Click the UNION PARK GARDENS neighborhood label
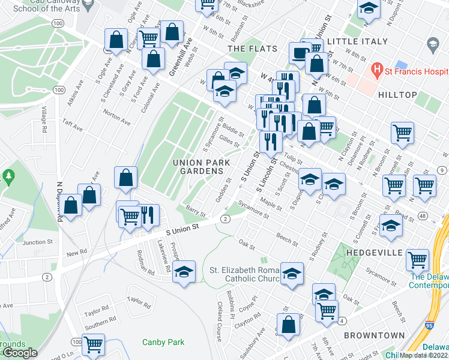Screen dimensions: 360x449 (x=198, y=167)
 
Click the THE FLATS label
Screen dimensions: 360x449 (x=252, y=48)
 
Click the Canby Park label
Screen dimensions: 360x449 (x=163, y=342)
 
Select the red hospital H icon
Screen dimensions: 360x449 (x=377, y=70)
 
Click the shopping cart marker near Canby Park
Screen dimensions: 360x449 (x=93, y=344)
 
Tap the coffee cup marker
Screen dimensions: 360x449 (x=300, y=52)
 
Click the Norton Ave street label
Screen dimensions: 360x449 (x=117, y=117)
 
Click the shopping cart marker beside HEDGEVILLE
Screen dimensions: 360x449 (x=417, y=260)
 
